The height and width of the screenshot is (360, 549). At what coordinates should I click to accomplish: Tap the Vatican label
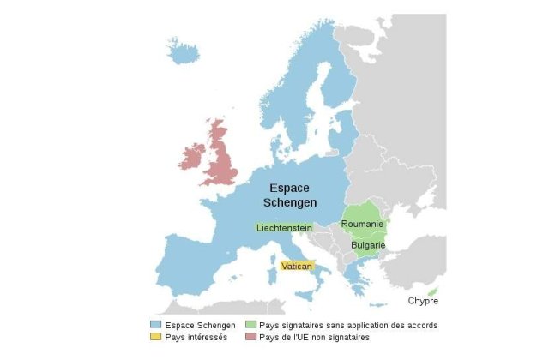[297, 267]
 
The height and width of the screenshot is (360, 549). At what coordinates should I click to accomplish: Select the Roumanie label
[361, 225]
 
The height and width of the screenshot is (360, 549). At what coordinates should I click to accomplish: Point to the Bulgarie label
[367, 245]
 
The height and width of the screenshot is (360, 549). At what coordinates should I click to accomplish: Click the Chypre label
[424, 301]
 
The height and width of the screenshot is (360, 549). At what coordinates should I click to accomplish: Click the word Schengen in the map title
[290, 203]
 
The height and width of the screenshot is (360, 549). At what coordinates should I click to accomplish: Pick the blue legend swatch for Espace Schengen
[155, 326]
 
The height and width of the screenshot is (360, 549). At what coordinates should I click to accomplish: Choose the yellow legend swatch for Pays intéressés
[155, 338]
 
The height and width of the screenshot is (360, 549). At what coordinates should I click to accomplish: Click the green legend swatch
[250, 326]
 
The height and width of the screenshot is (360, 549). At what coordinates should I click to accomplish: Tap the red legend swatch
[250, 338]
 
